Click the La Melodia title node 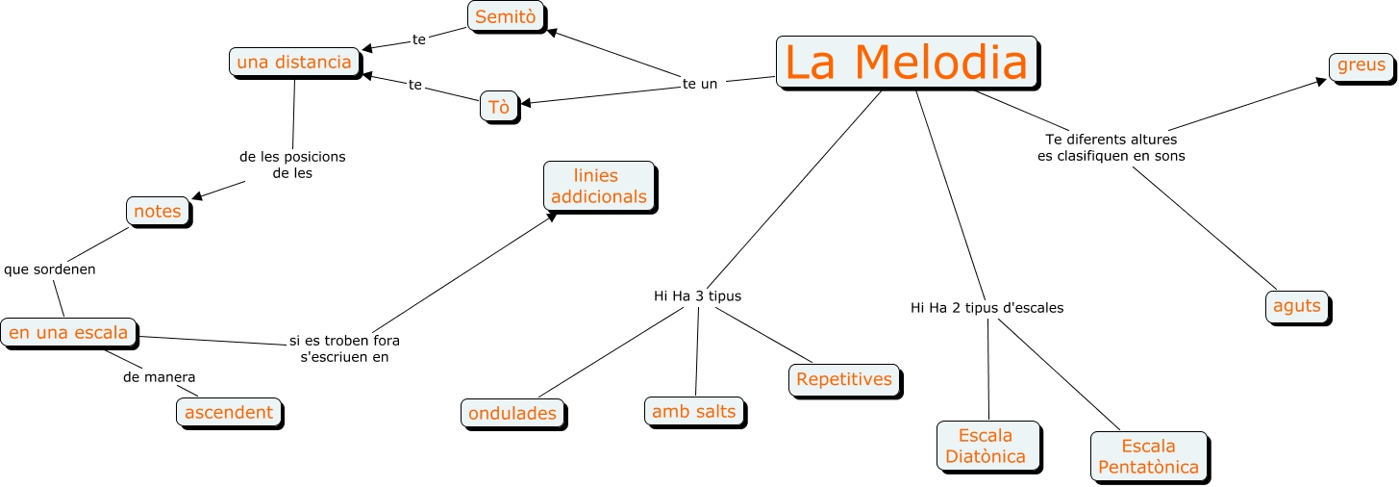click(906, 63)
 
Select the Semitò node click(506, 16)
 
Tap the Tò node click(499, 107)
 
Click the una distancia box click(294, 63)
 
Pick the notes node click(158, 212)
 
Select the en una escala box click(68, 333)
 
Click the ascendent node click(229, 413)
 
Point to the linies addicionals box click(597, 187)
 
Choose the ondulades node click(512, 414)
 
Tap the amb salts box click(694, 412)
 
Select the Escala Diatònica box click(986, 446)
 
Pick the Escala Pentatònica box click(1148, 457)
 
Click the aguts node click(1297, 306)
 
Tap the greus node click(1362, 65)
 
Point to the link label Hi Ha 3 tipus click(697, 296)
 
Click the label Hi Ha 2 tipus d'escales click(987, 308)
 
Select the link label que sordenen click(50, 269)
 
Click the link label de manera click(153, 376)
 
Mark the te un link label click(700, 84)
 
